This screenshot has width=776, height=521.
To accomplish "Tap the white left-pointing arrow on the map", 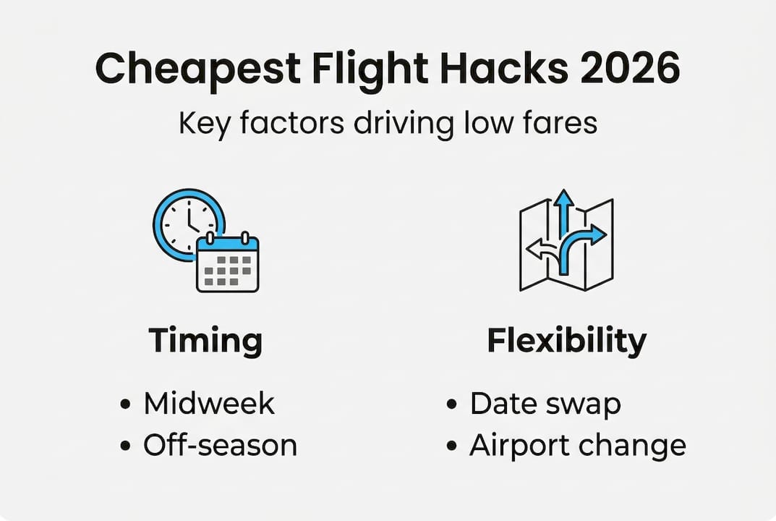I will (x=540, y=249).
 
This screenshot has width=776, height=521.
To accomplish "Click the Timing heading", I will (x=205, y=341).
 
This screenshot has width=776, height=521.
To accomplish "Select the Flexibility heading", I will (x=566, y=341).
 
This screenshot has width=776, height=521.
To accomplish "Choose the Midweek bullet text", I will (x=208, y=403).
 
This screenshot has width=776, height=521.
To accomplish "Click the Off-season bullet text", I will (x=220, y=445).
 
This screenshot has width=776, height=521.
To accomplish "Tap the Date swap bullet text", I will (x=545, y=403).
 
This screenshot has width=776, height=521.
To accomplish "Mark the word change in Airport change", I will (x=633, y=445).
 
